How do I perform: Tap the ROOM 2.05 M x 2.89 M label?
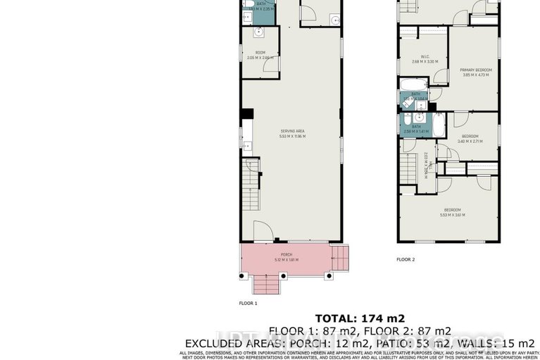tap(260, 54)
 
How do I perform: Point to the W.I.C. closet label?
tap(425, 59)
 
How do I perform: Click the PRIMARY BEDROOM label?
tap(475, 73)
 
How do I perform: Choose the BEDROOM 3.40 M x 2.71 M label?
tap(470, 138)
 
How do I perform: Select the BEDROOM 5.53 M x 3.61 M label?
tap(451, 211)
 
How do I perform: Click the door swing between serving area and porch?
tap(261, 232)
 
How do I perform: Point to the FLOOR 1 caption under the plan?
tap(248, 304)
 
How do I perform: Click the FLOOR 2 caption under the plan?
tap(406, 259)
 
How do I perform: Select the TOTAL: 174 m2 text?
tap(360, 318)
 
